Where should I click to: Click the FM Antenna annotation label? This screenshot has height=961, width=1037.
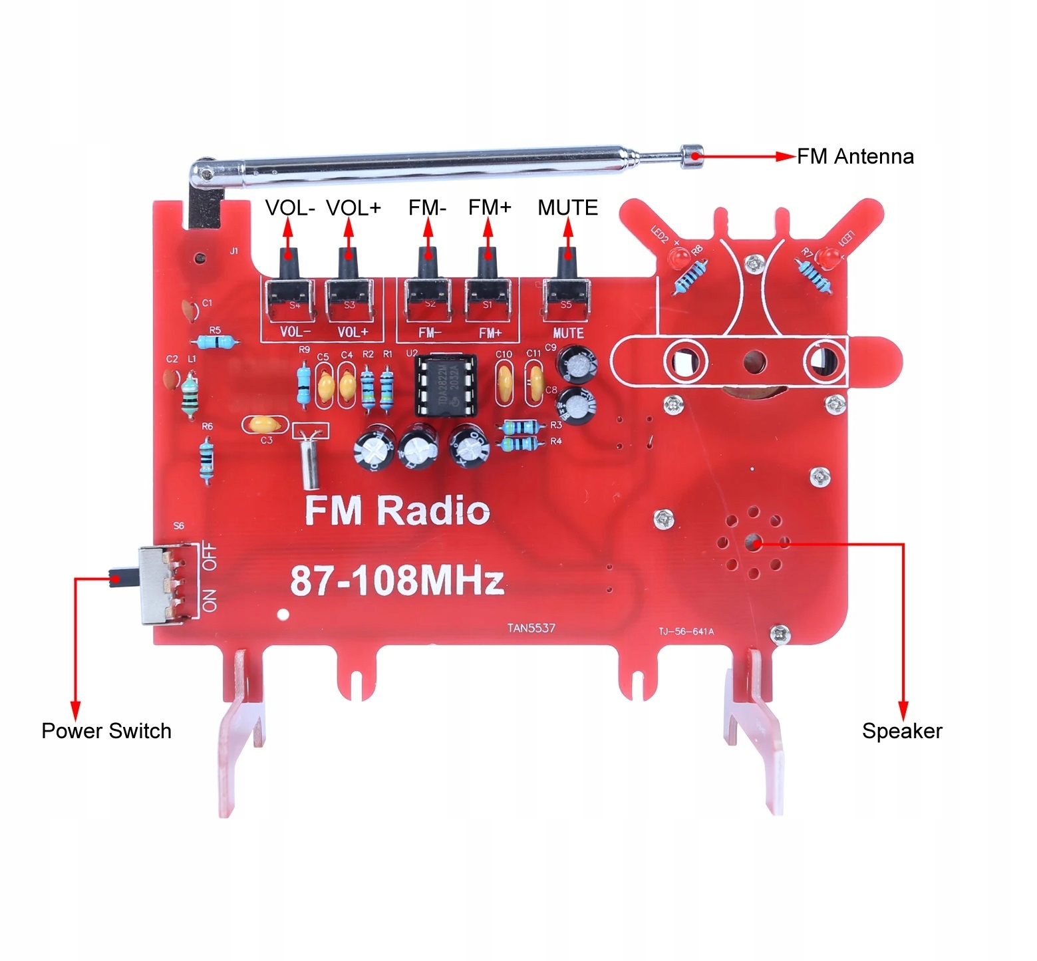click(x=855, y=157)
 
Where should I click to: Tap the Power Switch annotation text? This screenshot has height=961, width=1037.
click(x=106, y=731)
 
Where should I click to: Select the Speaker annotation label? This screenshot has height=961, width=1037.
click(x=902, y=731)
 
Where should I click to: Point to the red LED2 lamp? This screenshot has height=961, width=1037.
click(x=680, y=257)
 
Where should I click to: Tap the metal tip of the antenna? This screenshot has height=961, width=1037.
click(x=693, y=156)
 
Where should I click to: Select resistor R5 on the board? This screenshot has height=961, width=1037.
click(x=215, y=343)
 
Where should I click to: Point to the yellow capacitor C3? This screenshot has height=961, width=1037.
click(x=265, y=424)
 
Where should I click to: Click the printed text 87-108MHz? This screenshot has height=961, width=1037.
click(x=396, y=581)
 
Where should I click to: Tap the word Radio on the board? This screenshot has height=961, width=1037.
click(x=433, y=511)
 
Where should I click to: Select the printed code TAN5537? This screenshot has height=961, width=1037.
click(x=531, y=628)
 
